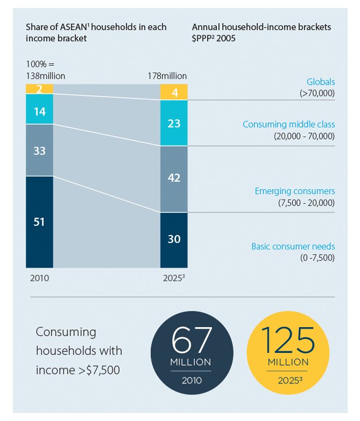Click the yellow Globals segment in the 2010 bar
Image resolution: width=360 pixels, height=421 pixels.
point(39,89)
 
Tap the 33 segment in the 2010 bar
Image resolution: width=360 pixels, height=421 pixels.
point(39,151)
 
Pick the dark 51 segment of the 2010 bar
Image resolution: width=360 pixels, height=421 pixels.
point(39,221)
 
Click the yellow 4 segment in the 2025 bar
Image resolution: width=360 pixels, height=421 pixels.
point(174,92)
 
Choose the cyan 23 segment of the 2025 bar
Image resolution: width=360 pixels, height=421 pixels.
point(174,123)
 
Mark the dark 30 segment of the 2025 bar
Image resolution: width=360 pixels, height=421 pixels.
point(174,240)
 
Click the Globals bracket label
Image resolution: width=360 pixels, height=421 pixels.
point(320,82)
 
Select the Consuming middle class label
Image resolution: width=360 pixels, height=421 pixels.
point(288,124)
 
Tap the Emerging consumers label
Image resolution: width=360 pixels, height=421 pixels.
point(294,191)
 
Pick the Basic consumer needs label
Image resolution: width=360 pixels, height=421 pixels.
point(293,247)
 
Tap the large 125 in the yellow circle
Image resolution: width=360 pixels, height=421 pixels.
point(288,339)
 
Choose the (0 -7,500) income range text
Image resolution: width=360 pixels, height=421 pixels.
point(317,257)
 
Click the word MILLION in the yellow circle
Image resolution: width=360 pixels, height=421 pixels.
point(288,363)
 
